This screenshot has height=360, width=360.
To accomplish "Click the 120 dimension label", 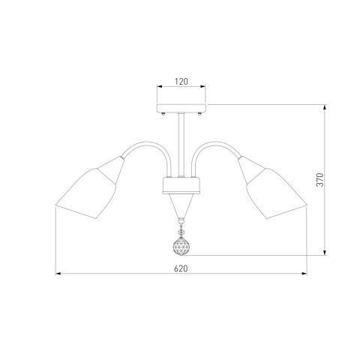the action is coord(181,82).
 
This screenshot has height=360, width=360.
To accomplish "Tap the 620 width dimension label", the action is coord(181,268).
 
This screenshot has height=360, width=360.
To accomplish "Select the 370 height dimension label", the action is coord(320,179).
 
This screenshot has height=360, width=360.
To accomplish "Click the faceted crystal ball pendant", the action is coord(181,246).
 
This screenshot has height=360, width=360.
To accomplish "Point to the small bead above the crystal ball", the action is coord(181,232).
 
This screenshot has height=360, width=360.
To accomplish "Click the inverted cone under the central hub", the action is coord(181,206).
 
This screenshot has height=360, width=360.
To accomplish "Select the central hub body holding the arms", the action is coord(181,186).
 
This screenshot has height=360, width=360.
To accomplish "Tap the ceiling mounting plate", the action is coord(181,108).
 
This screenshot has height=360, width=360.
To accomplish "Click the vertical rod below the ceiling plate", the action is coord(181,145).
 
